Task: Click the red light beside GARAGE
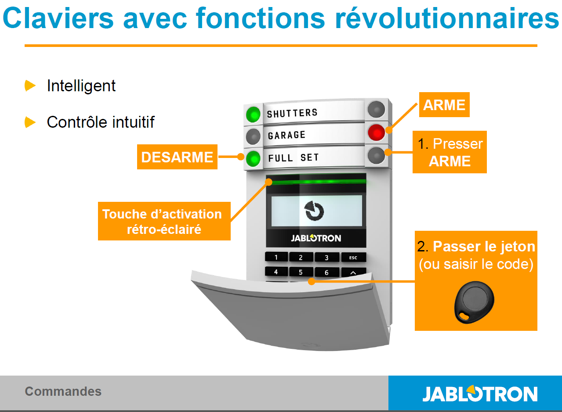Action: [x=376, y=132]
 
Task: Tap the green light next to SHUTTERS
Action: [x=253, y=115]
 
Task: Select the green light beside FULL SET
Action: [x=253, y=158]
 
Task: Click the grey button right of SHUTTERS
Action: [x=376, y=109]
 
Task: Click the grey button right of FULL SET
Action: [x=376, y=155]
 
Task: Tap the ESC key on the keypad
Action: [x=353, y=257]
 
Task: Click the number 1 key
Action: [x=276, y=257]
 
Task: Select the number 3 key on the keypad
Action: [x=326, y=257]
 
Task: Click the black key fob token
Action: [x=474, y=302]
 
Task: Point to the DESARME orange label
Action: [x=177, y=157]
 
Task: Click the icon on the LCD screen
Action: [x=314, y=211]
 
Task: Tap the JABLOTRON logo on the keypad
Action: [x=316, y=238]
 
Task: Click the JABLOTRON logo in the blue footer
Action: [x=480, y=394]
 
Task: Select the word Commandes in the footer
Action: [x=63, y=391]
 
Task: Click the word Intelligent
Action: [x=81, y=86]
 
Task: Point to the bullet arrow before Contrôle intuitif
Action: [x=30, y=122]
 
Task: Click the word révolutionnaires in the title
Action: [x=447, y=18]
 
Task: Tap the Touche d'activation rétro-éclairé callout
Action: [x=164, y=221]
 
